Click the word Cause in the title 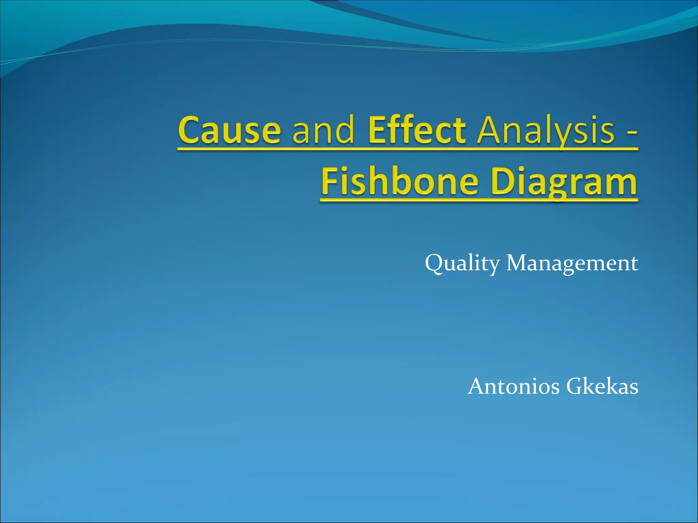coord(229,130)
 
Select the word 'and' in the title coord(323,130)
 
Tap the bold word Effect coord(417,130)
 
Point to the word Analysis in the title coord(545,130)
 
